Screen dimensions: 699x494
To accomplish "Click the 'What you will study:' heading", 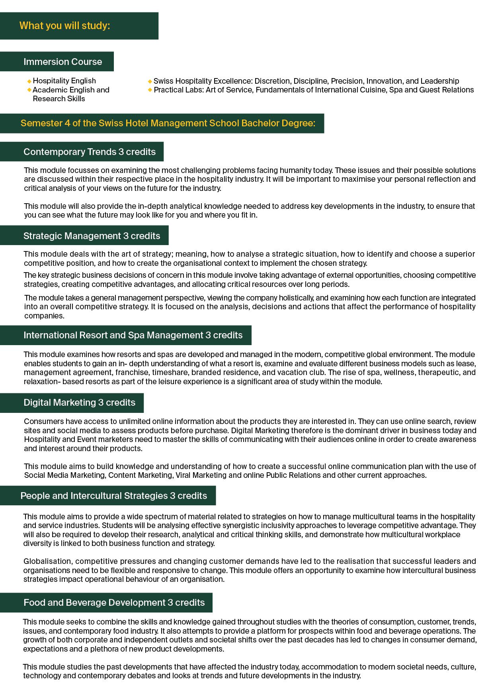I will coord(64,26).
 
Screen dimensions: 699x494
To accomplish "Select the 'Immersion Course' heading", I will coord(62,62).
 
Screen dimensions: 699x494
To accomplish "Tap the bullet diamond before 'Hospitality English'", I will coord(29,81).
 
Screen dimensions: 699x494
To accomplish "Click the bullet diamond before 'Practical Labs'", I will coord(150,90).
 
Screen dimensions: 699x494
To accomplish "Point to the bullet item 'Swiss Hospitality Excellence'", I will coord(306,81).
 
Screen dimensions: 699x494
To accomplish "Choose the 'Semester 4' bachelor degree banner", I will coord(168,124).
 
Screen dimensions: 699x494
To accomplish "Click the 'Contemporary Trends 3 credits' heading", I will coord(89,152).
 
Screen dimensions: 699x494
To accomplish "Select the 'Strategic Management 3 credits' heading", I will coord(92,236).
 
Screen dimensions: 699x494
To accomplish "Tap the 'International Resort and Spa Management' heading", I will coord(133,335).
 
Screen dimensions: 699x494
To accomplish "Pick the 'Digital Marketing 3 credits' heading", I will coord(79,403).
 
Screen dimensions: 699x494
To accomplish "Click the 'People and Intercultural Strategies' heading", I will coord(113,496).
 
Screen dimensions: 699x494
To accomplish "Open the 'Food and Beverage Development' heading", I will coord(114,603).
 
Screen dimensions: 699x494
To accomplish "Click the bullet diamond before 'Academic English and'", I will coord(29,90).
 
